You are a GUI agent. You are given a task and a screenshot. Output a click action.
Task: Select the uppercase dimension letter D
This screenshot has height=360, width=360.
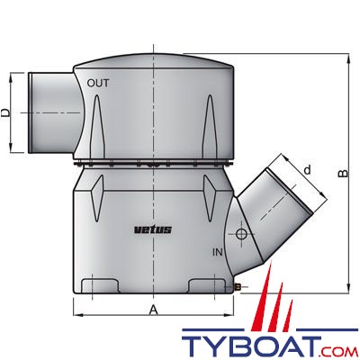pyautogui.click(x=7, y=113)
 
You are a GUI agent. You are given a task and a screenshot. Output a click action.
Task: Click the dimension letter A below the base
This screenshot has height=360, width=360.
pyautogui.click(x=155, y=309)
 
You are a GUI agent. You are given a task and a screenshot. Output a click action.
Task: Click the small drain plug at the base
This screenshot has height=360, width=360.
pyautogui.click(x=238, y=287)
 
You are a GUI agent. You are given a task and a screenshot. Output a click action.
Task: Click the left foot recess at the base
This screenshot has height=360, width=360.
pyautogui.click(x=103, y=288)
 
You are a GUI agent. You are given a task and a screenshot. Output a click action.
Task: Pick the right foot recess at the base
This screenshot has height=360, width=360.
pyautogui.click(x=208, y=288)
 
